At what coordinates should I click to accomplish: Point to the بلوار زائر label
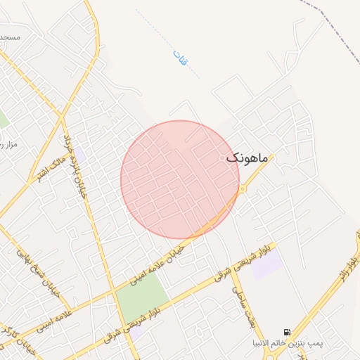tap(347, 270)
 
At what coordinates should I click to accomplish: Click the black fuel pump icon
tap(286, 332)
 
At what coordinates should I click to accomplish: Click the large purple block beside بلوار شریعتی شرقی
tap(267, 264)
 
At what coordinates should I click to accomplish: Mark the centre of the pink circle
tap(179, 180)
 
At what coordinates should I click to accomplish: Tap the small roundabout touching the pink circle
tap(243, 188)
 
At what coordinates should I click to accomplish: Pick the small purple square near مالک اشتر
tap(79, 154)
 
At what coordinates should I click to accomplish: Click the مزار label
tap(8, 144)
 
